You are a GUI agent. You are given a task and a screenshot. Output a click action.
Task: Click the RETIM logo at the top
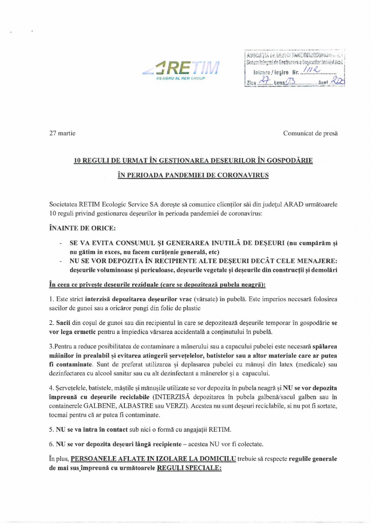[181, 70]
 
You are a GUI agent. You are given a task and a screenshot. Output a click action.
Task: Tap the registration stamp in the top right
[295, 68]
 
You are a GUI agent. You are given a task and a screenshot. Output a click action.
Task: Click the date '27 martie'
[62, 133]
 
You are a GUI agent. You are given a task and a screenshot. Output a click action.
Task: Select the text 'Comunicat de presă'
[310, 133]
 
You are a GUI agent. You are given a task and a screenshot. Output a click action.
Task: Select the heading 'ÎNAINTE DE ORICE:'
[82, 228]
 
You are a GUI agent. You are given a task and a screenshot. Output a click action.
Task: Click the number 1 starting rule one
[51, 299]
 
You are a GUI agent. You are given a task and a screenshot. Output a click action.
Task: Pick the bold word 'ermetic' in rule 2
[85, 332]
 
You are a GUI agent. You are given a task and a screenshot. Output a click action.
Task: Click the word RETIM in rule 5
[220, 430]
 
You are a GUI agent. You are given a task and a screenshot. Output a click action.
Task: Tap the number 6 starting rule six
[51, 444]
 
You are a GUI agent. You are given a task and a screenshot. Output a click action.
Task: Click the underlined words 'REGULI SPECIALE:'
[189, 468]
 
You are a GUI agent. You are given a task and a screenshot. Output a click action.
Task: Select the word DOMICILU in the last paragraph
[217, 459]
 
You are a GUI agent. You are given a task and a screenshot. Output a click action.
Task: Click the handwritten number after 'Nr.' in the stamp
[312, 70]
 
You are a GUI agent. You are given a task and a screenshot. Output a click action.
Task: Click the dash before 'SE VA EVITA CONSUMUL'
[60, 243]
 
